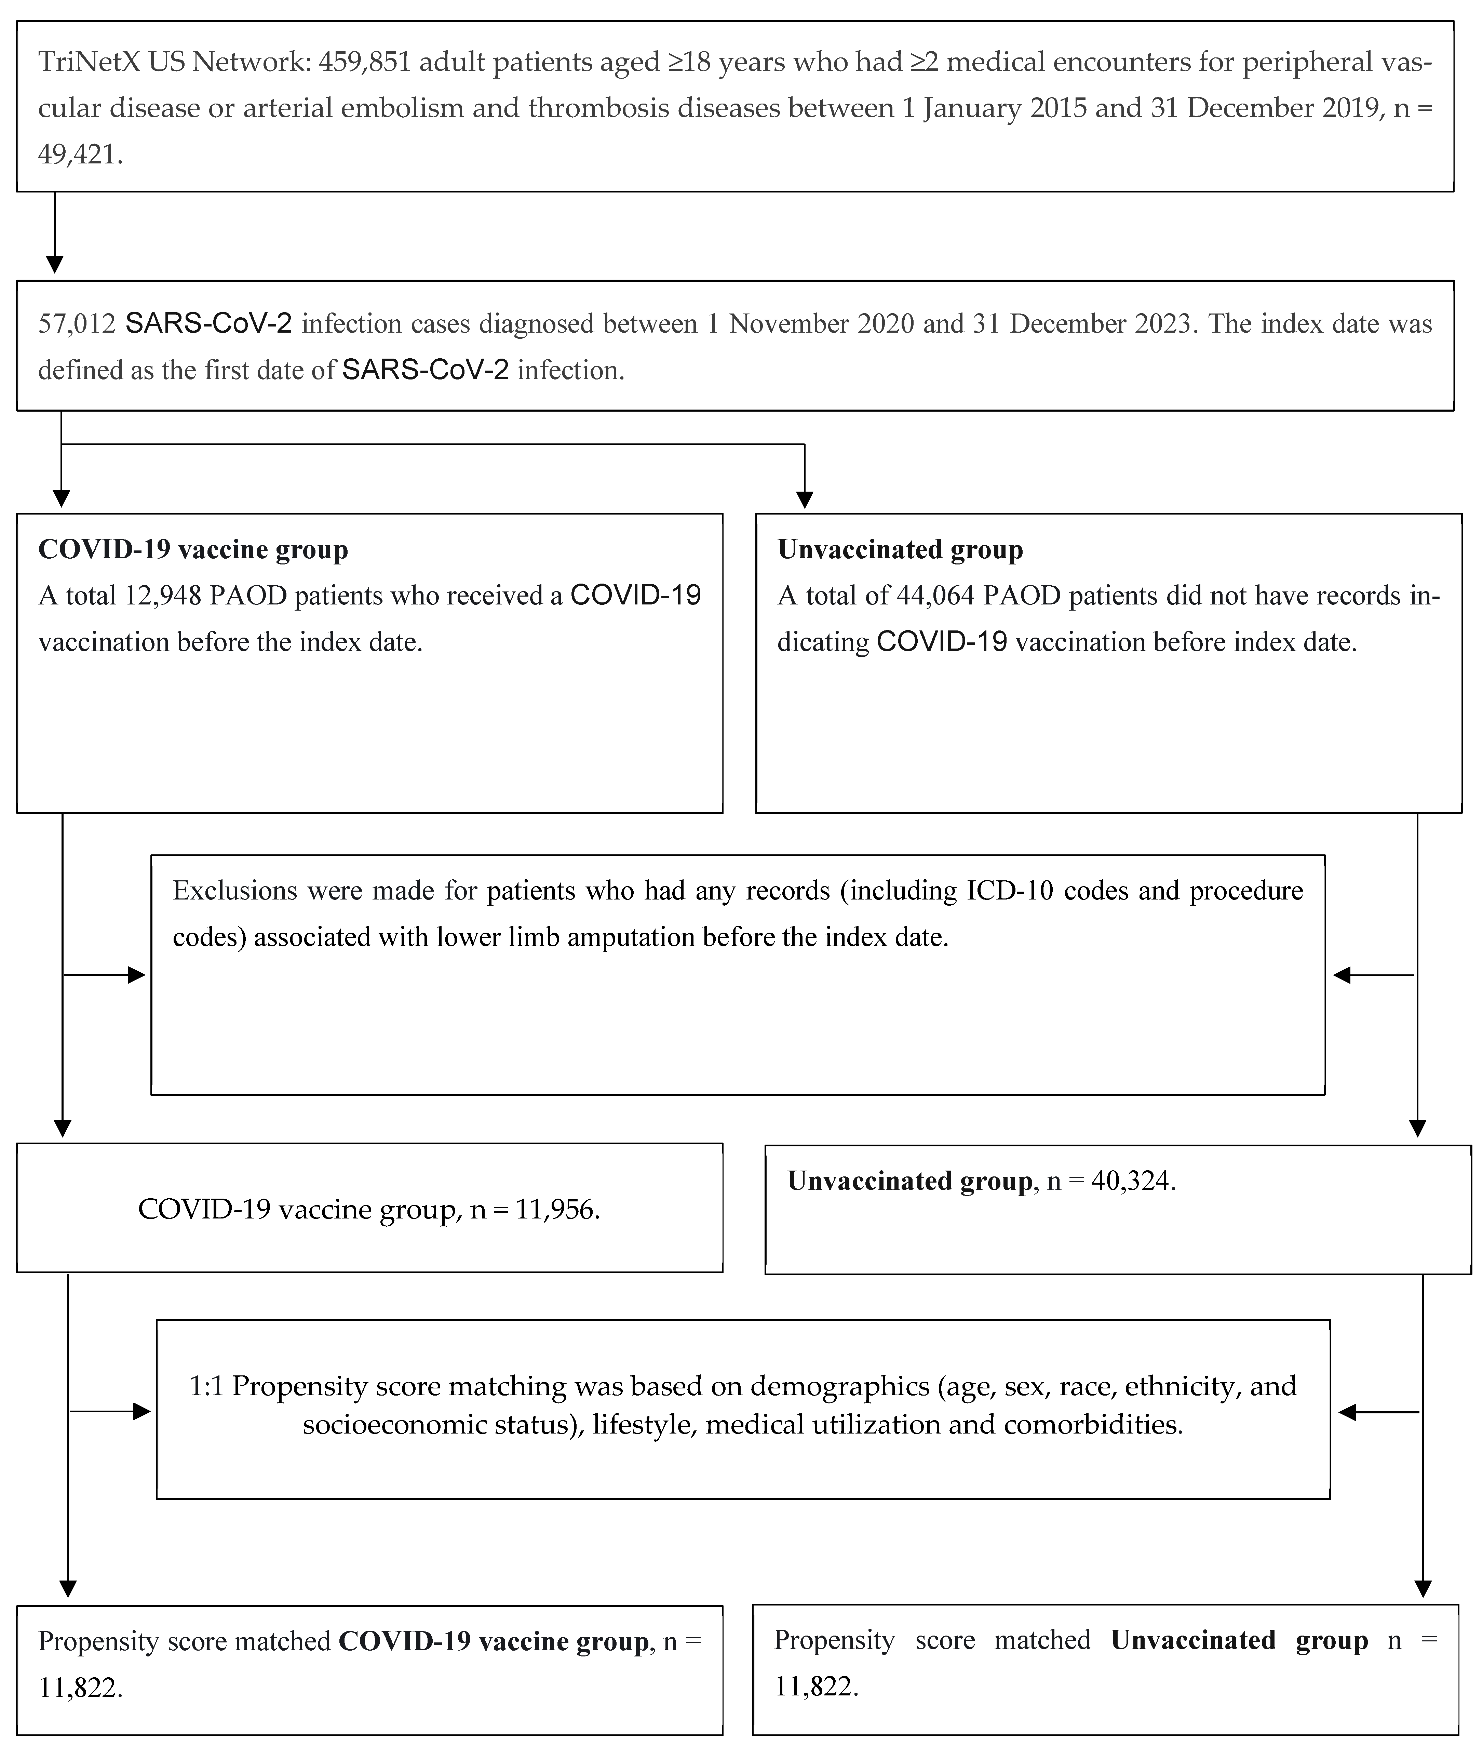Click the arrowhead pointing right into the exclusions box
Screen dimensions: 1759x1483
pos(136,975)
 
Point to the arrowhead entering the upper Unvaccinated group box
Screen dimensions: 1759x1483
pos(805,500)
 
